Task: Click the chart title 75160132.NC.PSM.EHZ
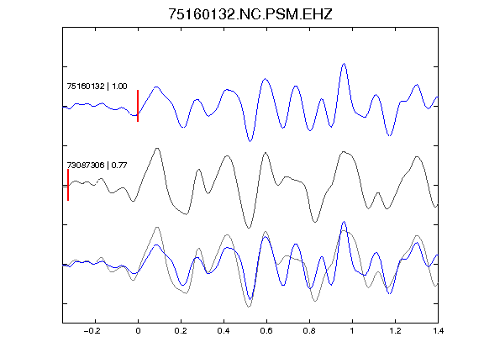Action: [250, 14]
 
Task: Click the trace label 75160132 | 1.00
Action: [97, 86]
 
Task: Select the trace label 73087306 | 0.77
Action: [97, 166]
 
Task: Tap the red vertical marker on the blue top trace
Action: [138, 106]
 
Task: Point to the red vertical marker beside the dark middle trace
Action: [68, 185]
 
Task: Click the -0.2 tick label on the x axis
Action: [92, 331]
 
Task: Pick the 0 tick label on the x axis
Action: [138, 331]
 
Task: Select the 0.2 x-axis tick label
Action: [181, 331]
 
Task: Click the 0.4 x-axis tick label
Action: [224, 331]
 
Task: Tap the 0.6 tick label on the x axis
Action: [266, 331]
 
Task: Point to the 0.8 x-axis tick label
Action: [309, 331]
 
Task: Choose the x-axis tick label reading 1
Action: [352, 331]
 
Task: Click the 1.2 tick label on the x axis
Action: [395, 331]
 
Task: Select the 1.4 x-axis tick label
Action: [438, 331]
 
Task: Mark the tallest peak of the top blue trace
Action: [344, 64]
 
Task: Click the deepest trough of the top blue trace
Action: [250, 141]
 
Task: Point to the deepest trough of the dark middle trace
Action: [249, 228]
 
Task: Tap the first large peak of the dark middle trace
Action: [157, 149]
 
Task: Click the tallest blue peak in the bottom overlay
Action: [344, 222]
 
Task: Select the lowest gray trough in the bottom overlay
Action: [249, 307]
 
